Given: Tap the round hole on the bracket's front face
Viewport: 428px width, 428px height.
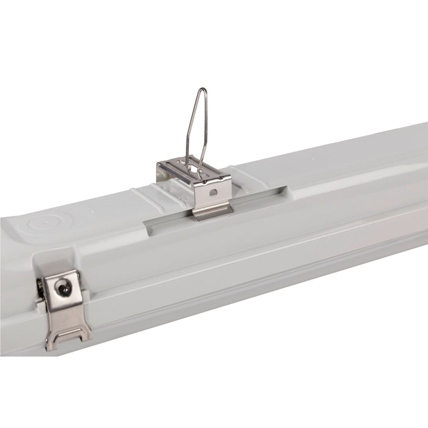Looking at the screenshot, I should [x=212, y=191].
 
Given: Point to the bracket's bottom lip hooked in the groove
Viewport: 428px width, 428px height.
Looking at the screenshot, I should [x=212, y=212].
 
